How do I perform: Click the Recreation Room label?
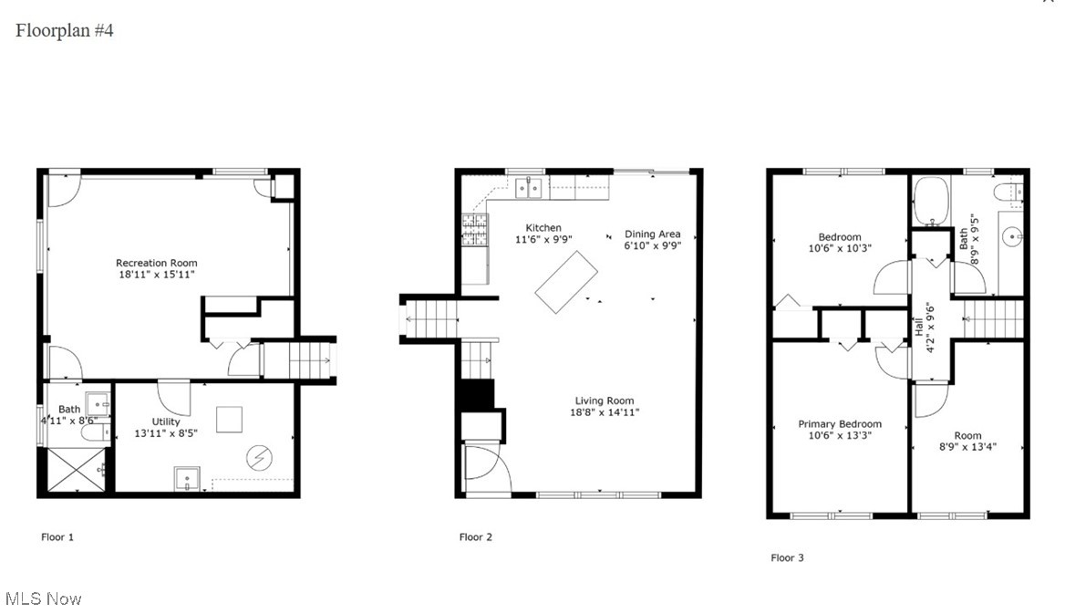(156, 263)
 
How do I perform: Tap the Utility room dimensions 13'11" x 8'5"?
(166, 433)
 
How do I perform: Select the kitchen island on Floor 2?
(566, 281)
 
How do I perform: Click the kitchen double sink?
(529, 189)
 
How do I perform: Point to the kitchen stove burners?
(474, 229)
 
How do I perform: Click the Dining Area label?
(652, 234)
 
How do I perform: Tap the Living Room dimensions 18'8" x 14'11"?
(605, 412)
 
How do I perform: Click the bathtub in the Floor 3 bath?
(932, 200)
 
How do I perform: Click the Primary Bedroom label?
(840, 424)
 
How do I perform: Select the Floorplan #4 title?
(64, 30)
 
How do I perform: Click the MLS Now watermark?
(43, 598)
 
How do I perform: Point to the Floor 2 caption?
(475, 537)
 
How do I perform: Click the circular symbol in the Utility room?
(259, 456)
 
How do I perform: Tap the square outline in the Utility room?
(231, 419)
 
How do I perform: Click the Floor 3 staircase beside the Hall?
(995, 319)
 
